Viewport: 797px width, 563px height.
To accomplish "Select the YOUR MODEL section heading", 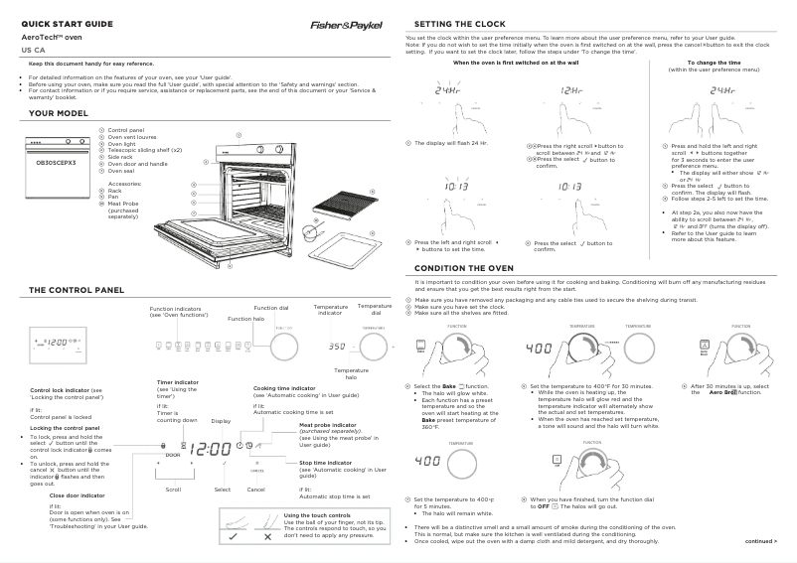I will click(59, 114).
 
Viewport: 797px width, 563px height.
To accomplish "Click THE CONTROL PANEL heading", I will click(77, 290).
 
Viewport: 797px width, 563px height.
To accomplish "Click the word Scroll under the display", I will click(173, 490).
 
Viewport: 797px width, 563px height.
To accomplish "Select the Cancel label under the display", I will click(255, 490).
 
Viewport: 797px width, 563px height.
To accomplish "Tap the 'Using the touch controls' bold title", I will click(317, 514).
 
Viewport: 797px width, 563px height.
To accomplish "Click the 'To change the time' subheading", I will click(701, 63).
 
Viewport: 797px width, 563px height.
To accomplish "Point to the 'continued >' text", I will click(761, 541).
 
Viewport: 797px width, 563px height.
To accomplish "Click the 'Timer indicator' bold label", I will click(181, 382).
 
